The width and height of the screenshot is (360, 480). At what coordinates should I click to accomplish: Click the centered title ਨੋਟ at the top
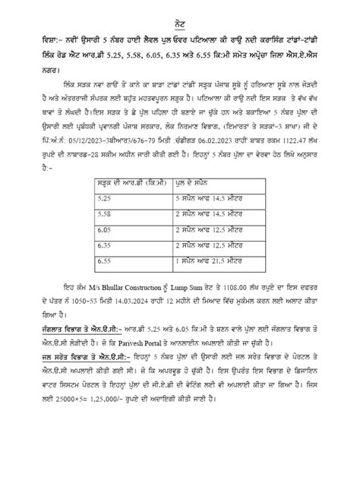coord(179,17)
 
